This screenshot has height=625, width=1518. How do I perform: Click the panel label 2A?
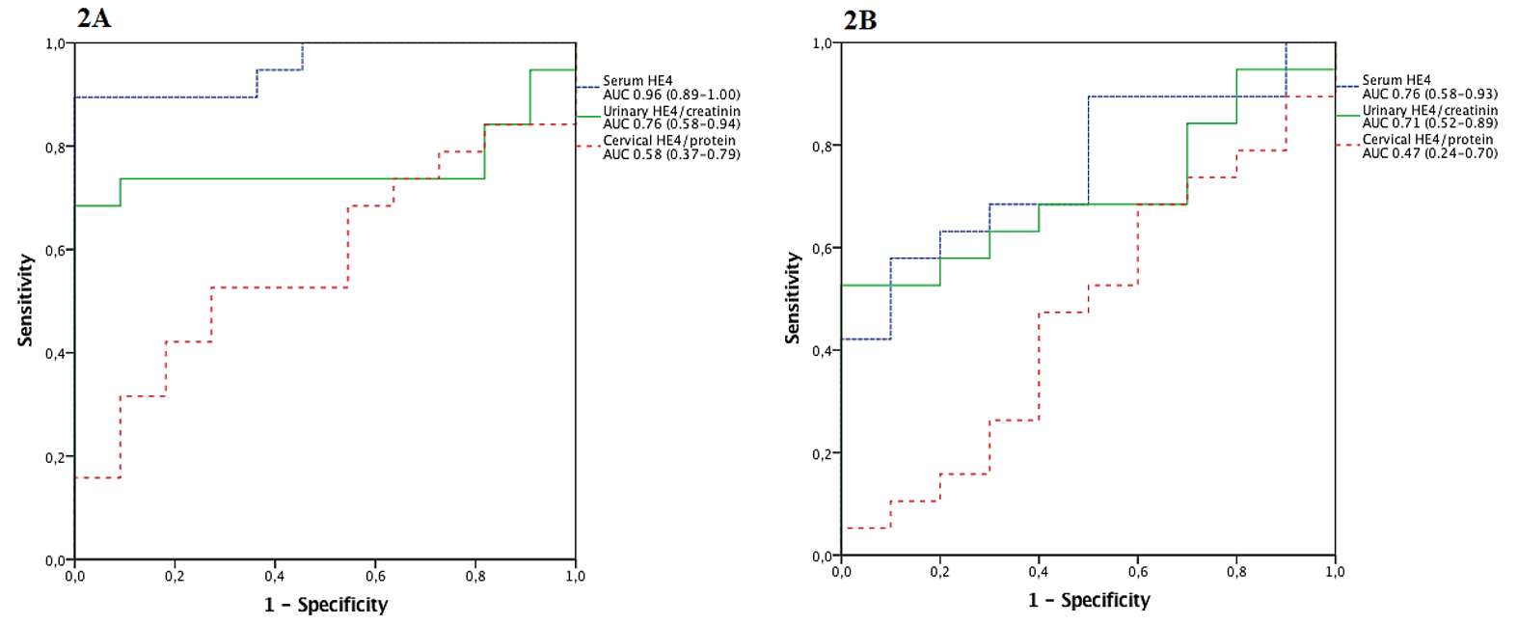(x=94, y=18)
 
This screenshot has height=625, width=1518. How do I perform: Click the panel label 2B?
(x=860, y=19)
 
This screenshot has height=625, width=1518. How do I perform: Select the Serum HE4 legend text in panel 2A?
(x=637, y=81)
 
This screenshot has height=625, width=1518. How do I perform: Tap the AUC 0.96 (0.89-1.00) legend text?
(x=671, y=95)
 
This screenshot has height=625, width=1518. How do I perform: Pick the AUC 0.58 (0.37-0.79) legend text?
(x=671, y=154)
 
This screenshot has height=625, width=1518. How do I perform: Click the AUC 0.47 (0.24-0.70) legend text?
(x=1429, y=153)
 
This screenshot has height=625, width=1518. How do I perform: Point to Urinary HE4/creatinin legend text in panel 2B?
(x=1429, y=110)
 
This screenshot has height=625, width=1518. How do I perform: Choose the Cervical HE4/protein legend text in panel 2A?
(x=669, y=141)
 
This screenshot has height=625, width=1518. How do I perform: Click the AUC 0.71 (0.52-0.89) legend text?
(x=1429, y=123)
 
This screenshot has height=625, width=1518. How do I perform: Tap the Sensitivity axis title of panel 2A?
(x=25, y=300)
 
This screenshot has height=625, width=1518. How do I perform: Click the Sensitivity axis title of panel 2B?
(x=793, y=298)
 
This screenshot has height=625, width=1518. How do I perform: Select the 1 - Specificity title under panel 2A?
(x=326, y=605)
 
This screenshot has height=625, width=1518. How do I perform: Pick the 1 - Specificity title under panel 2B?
(x=1089, y=600)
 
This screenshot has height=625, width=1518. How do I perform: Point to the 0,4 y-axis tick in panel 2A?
(x=55, y=353)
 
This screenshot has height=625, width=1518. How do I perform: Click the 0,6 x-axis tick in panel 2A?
(x=375, y=577)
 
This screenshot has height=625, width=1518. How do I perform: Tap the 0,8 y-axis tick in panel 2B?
(x=822, y=146)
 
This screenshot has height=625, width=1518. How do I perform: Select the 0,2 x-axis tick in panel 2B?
(x=940, y=572)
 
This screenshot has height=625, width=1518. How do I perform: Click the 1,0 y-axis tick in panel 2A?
(x=55, y=43)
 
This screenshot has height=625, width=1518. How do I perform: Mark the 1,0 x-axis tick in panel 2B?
(x=1335, y=572)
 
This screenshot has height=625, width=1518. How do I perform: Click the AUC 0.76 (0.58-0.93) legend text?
(x=1429, y=94)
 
